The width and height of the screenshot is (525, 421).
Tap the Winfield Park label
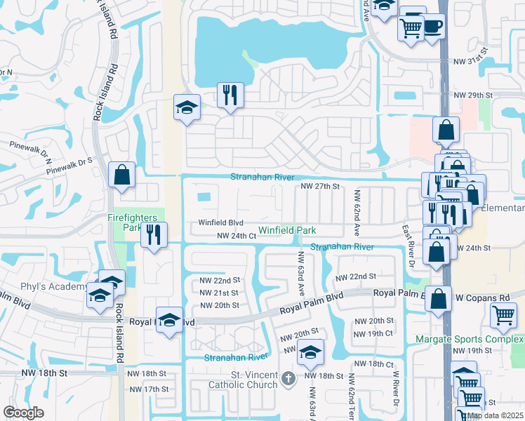(287, 230)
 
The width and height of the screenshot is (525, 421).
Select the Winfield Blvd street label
(220, 223)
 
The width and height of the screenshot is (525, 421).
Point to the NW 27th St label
(320, 187)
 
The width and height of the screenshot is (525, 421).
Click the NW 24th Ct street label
(237, 236)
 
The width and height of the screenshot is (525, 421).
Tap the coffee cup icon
(432, 27)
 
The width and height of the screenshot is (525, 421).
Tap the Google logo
(24, 413)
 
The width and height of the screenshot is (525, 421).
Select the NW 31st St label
(470, 62)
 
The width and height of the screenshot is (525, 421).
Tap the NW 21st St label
(220, 293)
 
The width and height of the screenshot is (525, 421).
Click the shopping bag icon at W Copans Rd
(439, 298)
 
